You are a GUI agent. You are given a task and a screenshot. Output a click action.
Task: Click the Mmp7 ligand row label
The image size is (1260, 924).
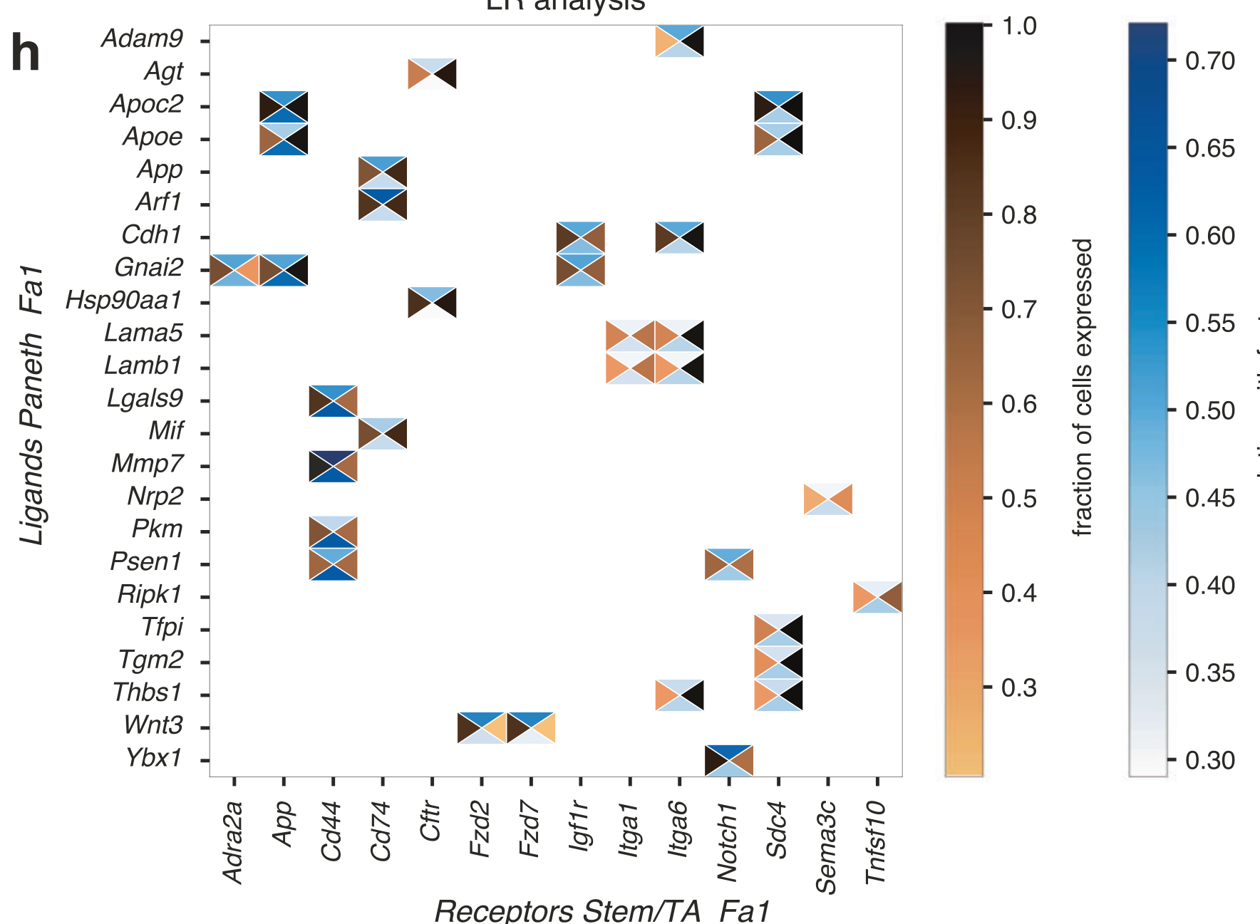147,464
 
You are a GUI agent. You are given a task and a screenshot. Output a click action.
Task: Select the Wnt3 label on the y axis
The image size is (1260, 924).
153,725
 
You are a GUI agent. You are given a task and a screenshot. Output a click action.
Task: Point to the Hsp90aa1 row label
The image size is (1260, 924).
124,301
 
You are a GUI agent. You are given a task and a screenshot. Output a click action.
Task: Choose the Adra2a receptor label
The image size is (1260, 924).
233,842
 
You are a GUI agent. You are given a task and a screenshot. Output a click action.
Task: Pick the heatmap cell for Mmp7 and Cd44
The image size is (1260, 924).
334,467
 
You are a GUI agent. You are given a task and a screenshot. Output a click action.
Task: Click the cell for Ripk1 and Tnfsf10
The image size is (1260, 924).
877,597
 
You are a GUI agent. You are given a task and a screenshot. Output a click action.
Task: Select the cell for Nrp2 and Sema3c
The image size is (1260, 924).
828,499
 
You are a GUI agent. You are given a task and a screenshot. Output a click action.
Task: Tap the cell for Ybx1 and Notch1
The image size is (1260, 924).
729,760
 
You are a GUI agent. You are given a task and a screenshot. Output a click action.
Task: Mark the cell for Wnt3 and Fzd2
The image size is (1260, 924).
482,727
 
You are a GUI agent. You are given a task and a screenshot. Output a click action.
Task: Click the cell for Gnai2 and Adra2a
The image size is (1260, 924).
234,270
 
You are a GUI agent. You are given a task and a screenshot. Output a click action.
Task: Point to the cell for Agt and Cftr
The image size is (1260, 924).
432,74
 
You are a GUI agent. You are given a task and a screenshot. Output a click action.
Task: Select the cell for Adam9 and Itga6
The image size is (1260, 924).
680,41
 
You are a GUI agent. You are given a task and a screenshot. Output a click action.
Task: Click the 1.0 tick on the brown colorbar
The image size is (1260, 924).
1018,26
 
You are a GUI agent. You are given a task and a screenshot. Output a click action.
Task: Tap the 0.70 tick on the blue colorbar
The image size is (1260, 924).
1209,61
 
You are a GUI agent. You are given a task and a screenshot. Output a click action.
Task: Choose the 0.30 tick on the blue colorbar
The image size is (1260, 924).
1209,761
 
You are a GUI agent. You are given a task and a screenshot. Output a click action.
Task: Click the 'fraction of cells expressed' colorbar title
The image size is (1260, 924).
1083,387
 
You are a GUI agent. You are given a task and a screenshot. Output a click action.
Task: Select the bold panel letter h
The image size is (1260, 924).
26,53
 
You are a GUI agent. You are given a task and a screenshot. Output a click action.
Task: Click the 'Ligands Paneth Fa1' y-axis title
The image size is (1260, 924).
32,405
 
